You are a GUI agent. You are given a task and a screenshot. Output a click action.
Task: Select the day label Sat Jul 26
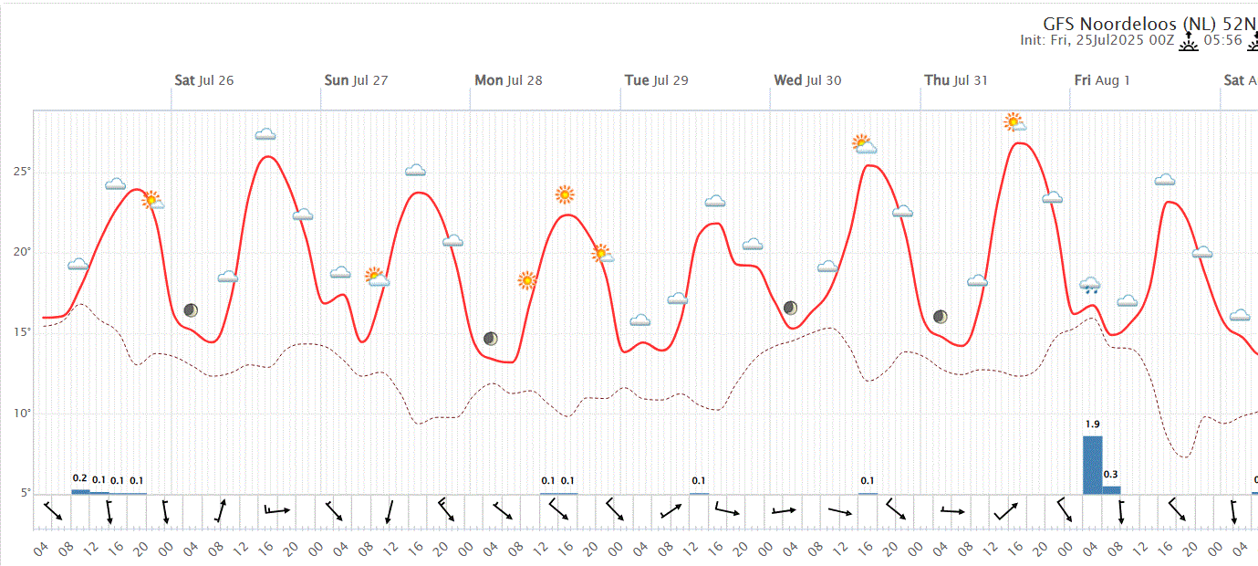(203, 80)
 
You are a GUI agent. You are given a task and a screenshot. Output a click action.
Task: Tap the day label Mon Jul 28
(508, 80)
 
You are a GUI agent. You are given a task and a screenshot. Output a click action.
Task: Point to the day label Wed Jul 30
(807, 80)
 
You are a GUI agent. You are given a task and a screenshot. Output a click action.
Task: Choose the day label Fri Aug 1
(1102, 80)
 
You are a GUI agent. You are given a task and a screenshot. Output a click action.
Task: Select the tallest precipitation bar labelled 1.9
(1092, 465)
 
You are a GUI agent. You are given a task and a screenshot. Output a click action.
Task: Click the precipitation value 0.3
(1111, 475)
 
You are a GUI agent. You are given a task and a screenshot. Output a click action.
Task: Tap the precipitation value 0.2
(79, 478)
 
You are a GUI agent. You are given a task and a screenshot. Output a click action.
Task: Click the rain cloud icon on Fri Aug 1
(1090, 285)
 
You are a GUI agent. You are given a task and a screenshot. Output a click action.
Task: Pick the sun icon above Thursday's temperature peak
(1014, 121)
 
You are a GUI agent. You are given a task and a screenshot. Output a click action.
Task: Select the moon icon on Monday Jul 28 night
(491, 339)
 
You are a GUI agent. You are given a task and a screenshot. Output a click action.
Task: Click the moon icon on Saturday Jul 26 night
(191, 310)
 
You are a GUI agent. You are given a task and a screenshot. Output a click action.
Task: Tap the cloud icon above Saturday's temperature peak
(265, 134)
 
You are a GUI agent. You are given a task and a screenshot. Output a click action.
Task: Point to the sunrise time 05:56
(1223, 40)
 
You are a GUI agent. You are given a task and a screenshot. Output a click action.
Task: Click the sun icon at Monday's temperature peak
(565, 194)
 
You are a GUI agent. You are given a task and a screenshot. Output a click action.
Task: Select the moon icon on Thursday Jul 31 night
(941, 317)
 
